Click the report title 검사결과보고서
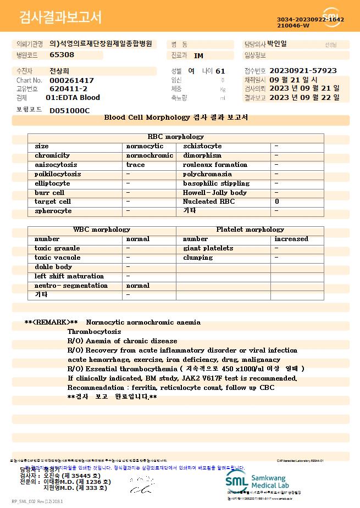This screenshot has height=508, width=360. [x=60, y=18]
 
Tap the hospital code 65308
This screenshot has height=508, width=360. [x=62, y=55]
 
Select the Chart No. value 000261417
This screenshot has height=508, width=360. [x=71, y=80]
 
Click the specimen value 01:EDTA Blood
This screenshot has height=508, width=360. [x=73, y=98]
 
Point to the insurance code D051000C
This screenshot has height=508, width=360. [x=69, y=110]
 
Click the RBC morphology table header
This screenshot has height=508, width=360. [x=176, y=137]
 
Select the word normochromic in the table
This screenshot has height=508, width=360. [x=149, y=155]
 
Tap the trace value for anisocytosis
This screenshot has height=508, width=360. [x=136, y=165]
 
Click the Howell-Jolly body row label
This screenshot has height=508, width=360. [x=215, y=193]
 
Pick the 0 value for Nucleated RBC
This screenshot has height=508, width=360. [x=277, y=202]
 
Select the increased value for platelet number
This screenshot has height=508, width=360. [x=291, y=239]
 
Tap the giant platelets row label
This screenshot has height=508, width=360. [x=208, y=248]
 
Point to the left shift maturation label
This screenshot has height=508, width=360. [x=69, y=276]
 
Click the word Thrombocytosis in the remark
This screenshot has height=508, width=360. [x=94, y=332]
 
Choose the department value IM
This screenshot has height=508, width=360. [x=198, y=55]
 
